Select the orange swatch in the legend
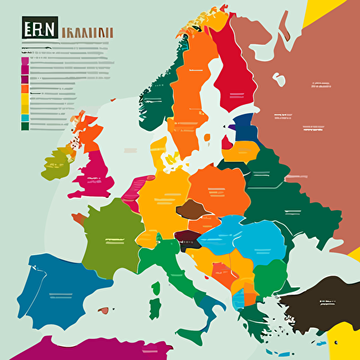[25, 89]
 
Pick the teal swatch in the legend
[25, 118]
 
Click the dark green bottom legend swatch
[25, 127]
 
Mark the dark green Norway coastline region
[159, 91]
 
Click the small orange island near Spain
[104, 309]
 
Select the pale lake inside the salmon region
[280, 79]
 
